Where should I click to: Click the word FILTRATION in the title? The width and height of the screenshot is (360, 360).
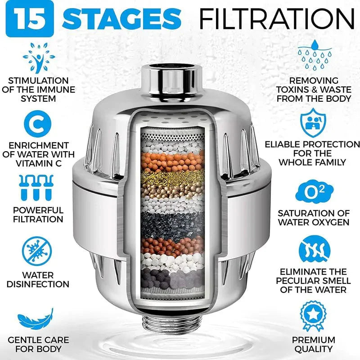tap(277, 19)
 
